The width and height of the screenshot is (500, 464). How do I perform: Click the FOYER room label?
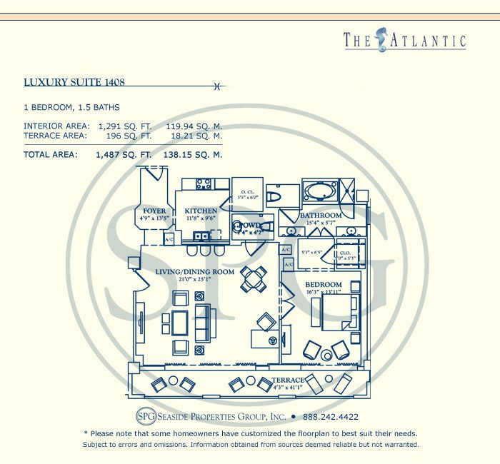click(x=154, y=211)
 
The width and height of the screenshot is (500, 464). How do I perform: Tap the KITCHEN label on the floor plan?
click(x=201, y=211)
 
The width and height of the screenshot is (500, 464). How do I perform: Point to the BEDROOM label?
click(x=323, y=285)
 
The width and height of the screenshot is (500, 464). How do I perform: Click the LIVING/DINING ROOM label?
click(x=195, y=272)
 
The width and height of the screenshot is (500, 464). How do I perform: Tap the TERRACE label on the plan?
click(x=288, y=380)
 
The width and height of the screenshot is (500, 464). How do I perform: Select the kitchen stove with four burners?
click(x=204, y=183)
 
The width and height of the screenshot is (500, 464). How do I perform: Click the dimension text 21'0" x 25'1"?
click(x=195, y=280)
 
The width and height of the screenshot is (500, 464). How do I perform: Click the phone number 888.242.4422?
click(x=331, y=417)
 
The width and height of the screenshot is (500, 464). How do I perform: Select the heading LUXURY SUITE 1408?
click(x=74, y=82)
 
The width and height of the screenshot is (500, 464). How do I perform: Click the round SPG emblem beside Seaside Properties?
click(x=145, y=417)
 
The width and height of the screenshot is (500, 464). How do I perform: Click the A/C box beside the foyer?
click(x=169, y=240)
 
